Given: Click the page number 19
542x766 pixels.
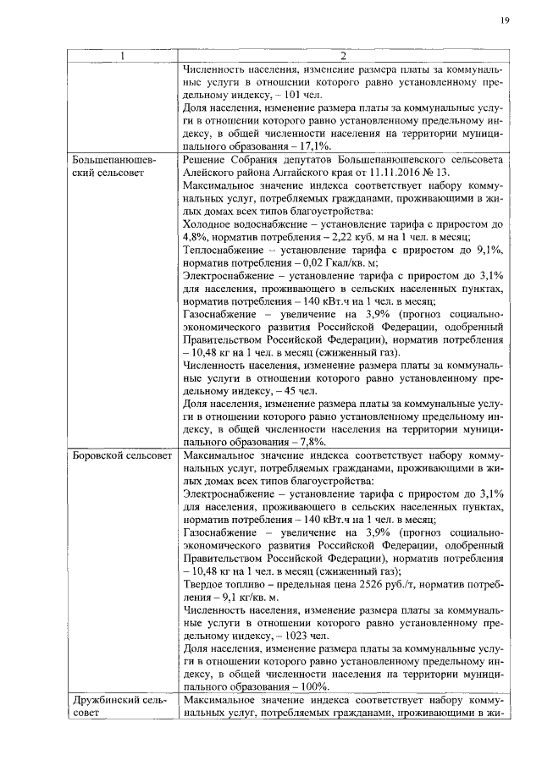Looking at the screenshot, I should (504, 19).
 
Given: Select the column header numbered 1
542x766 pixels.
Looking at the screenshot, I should (123, 56).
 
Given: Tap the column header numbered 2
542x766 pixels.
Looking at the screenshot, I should (344, 56).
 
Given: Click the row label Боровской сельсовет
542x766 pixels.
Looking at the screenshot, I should (121, 456).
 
